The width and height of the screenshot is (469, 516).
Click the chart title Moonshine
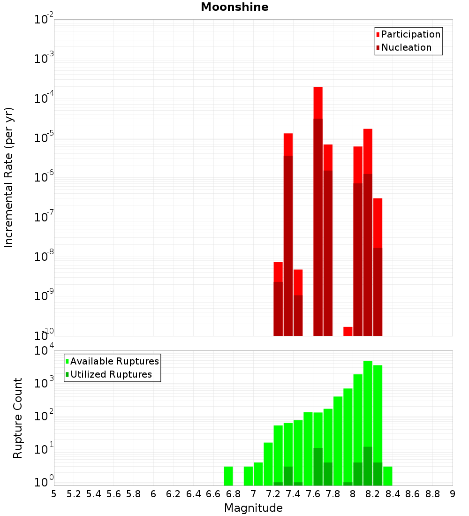(x=234, y=8)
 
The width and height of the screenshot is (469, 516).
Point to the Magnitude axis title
(x=253, y=508)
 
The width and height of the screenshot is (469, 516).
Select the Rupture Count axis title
(x=18, y=418)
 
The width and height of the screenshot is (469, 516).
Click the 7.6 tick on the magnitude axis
(x=313, y=494)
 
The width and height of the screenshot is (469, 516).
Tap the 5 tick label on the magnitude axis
(x=54, y=494)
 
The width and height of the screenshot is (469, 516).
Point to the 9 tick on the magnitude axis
(x=453, y=494)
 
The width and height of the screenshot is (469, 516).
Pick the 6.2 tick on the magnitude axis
(x=174, y=494)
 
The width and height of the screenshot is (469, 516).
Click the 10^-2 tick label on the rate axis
(x=44, y=20)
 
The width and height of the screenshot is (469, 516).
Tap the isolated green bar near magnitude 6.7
(x=228, y=476)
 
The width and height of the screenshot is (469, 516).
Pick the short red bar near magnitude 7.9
(x=348, y=331)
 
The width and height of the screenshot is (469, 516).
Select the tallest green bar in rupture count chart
(x=368, y=422)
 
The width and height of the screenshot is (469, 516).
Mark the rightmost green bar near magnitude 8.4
(x=388, y=476)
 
